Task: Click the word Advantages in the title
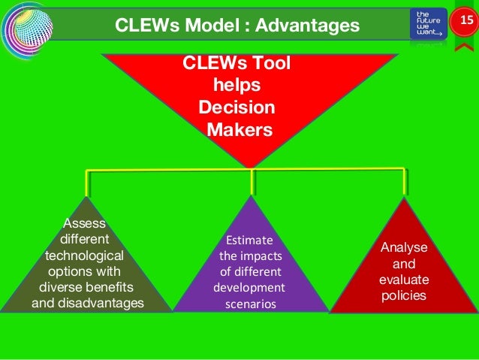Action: click(x=306, y=26)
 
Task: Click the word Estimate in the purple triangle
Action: click(x=250, y=241)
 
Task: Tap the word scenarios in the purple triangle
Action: click(x=250, y=304)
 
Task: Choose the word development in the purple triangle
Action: click(x=250, y=289)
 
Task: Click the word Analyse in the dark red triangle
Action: click(x=404, y=248)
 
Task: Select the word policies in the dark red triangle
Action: click(x=404, y=295)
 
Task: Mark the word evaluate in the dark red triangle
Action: click(x=404, y=280)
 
